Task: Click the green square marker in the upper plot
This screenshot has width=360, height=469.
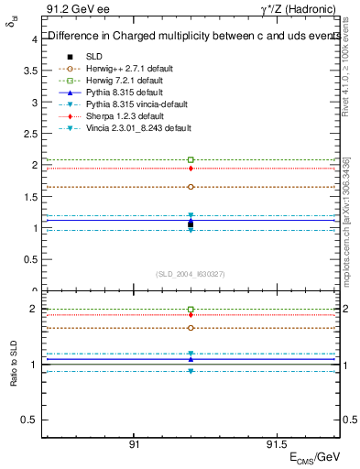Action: pyautogui.click(x=191, y=159)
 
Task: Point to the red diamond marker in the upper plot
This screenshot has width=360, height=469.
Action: pyautogui.click(x=191, y=169)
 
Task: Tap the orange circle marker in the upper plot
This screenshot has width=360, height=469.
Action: pyautogui.click(x=191, y=187)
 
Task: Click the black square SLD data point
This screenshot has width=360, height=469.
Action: pyautogui.click(x=191, y=224)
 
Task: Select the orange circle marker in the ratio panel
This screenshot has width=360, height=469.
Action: pyautogui.click(x=191, y=328)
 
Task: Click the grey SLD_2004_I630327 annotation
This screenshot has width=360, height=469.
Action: pyautogui.click(x=191, y=273)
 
